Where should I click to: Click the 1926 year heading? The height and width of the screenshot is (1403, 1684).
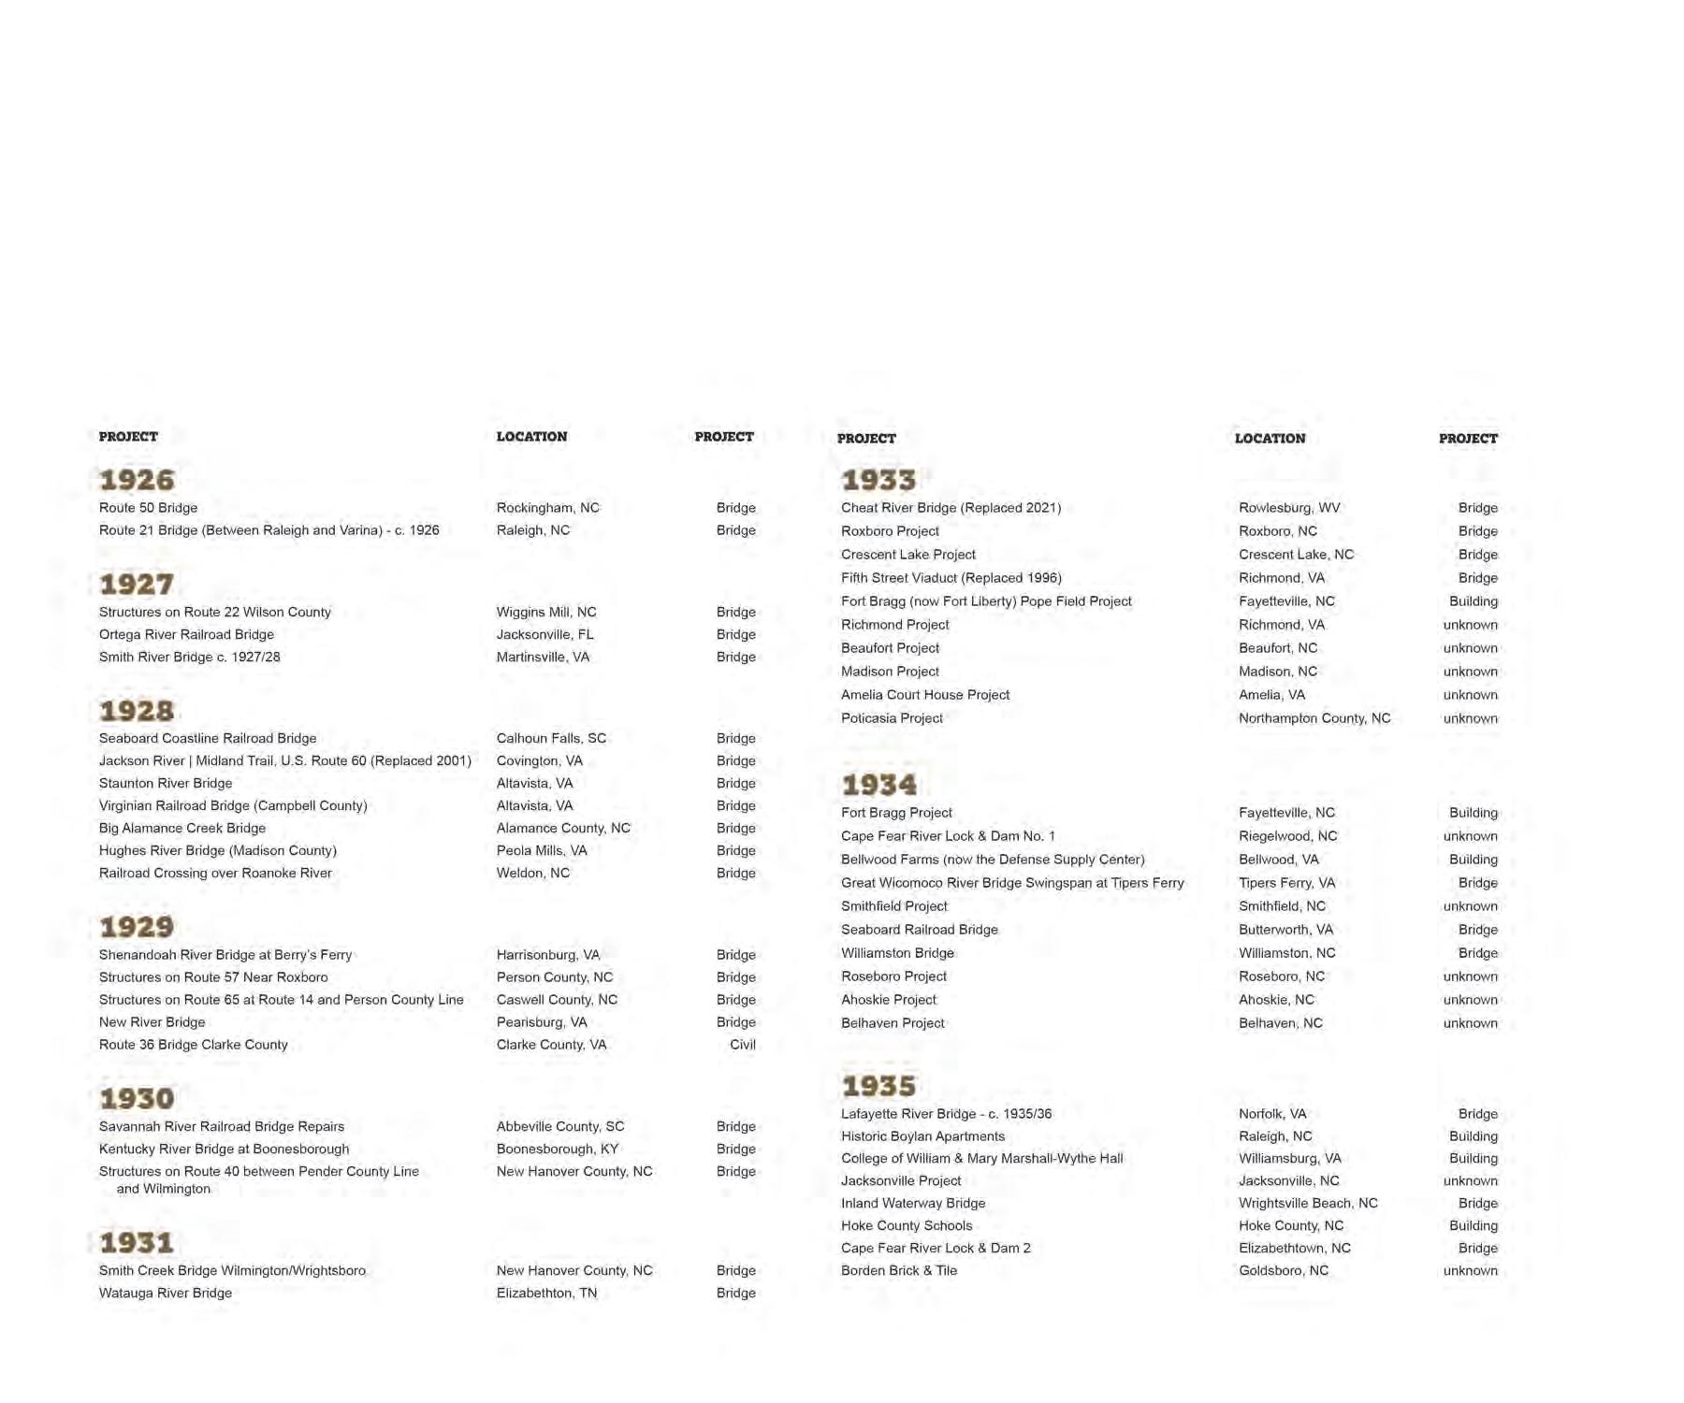point(137,480)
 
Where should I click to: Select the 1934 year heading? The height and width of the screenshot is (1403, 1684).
point(878,785)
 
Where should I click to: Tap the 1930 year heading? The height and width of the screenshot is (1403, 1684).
point(137,1099)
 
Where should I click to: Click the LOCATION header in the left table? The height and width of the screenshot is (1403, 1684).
point(531,437)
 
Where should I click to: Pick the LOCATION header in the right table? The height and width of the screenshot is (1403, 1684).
point(1270,439)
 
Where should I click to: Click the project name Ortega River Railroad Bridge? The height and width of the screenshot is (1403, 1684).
point(186,635)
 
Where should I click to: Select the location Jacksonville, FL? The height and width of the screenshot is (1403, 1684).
point(544,635)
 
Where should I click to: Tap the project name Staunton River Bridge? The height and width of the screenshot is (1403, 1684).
point(166,784)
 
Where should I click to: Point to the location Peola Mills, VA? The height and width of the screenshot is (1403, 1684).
point(542,851)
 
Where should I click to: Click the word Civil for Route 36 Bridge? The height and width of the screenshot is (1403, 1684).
point(742,1045)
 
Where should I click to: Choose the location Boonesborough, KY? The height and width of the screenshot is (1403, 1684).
point(558,1150)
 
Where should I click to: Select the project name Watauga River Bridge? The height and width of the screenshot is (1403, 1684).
point(166,1294)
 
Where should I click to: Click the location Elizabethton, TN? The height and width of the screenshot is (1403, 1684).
point(546,1294)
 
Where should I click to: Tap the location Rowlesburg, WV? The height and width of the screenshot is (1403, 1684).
point(1289,508)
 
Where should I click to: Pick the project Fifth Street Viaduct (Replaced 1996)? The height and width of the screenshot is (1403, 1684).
point(951,578)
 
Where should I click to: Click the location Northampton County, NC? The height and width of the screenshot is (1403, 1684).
point(1314,718)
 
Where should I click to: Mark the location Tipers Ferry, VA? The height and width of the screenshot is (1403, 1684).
point(1286,883)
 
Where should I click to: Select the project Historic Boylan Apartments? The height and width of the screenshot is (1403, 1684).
point(922,1136)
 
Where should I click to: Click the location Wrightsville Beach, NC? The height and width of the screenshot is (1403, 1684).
point(1308,1204)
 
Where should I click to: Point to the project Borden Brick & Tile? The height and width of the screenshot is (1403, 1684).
point(898,1271)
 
